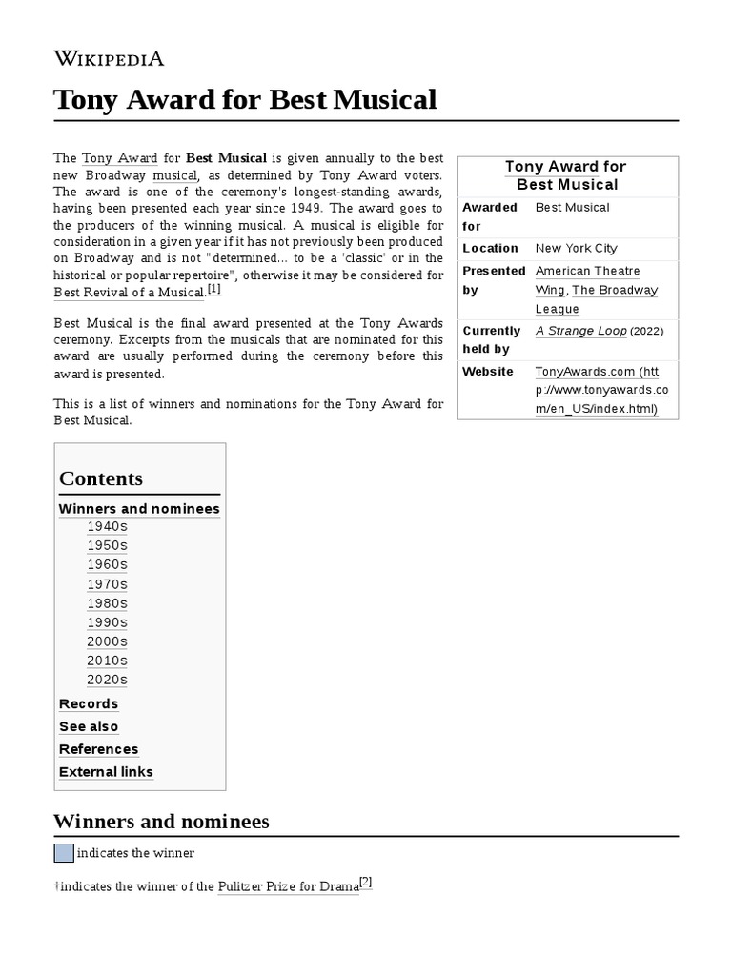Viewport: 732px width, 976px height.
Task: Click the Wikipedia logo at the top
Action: coord(109,58)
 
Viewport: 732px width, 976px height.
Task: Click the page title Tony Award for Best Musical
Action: coord(245,99)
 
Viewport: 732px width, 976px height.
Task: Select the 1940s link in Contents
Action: coord(107,526)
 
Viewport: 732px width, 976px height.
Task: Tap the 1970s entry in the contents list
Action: coord(107,584)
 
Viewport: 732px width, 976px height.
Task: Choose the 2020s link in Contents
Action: coord(107,680)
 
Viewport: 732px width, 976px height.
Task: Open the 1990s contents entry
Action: coord(107,622)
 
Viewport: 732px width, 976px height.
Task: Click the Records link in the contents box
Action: coord(89,703)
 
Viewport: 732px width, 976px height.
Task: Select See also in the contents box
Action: coord(89,726)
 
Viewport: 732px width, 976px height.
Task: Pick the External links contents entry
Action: coord(106,772)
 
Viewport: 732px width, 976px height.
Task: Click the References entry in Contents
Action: coord(98,749)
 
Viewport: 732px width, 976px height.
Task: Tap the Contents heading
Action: coord(101,478)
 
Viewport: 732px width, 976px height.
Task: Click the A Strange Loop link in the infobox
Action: coord(580,331)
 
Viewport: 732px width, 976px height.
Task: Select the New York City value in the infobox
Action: coord(576,248)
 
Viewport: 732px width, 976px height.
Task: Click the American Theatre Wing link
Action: coord(587,272)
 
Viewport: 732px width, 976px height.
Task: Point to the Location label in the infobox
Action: coord(490,248)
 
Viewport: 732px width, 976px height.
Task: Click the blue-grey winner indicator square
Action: coord(63,853)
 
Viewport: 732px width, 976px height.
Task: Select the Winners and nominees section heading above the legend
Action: coord(161,822)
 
